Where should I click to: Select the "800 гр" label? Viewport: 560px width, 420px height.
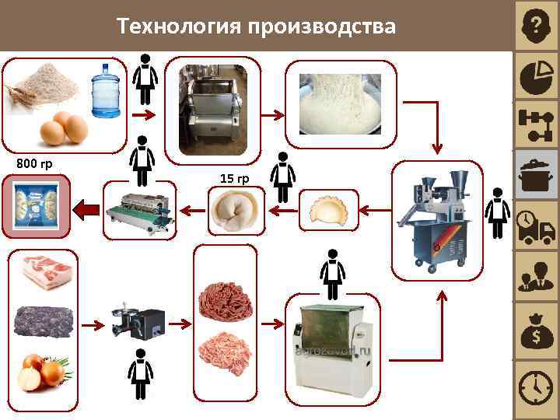pyautogui.click(x=34, y=163)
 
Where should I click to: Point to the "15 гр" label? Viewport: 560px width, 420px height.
pyautogui.click(x=234, y=179)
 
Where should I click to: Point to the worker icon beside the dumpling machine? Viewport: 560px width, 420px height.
pyautogui.click(x=496, y=214)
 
